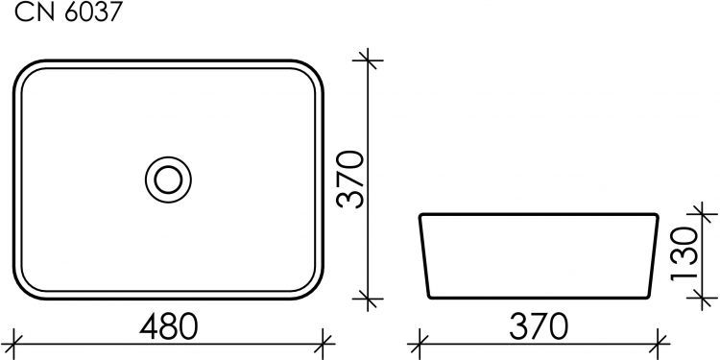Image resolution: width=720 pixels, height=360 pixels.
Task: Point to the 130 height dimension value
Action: pos(684,252)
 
